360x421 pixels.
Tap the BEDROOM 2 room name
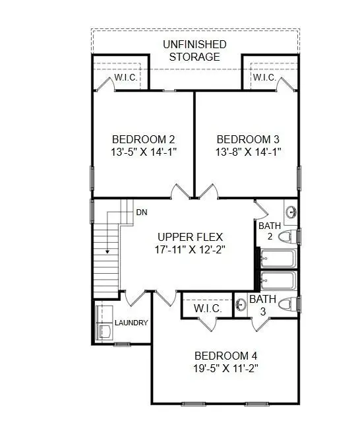coord(144,139)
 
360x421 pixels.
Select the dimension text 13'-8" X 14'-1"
coord(249,152)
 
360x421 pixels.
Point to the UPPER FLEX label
coord(190,237)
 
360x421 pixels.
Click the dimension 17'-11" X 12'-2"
coord(190,250)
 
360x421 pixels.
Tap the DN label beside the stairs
coord(141,212)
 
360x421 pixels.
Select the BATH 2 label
coord(270,231)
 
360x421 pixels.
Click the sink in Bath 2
coord(291,212)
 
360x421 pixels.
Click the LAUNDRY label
coord(131,323)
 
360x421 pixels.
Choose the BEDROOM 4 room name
coord(220,356)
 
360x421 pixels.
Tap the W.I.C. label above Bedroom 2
coord(125,78)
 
